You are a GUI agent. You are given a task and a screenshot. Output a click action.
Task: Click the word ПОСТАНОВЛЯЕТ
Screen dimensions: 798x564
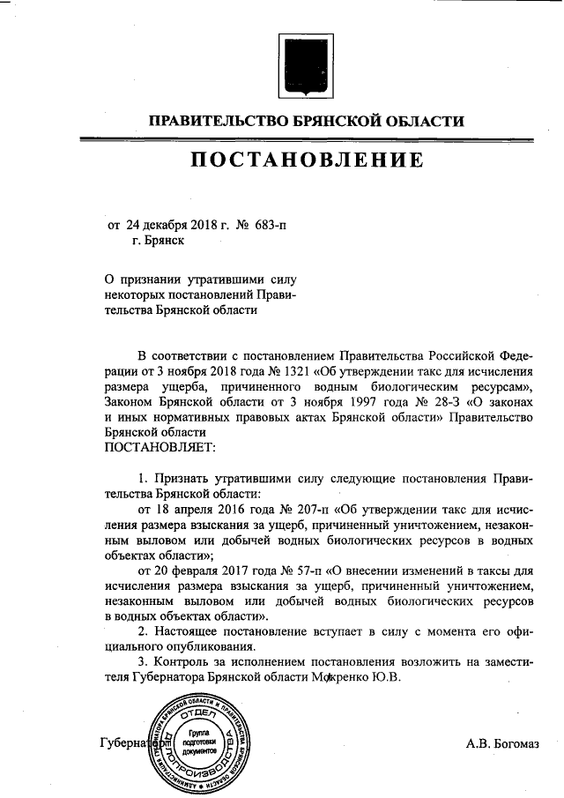153,448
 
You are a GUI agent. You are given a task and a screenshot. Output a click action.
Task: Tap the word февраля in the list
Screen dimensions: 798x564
196,571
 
